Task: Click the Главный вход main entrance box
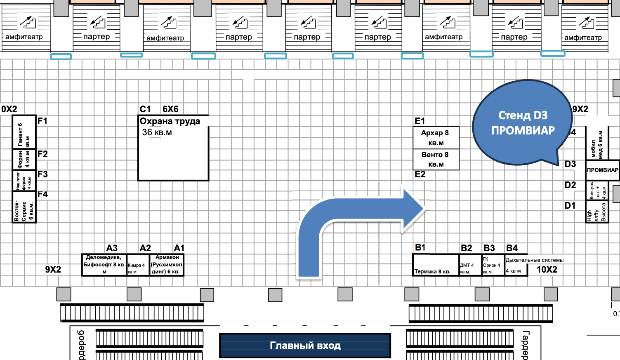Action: tap(305, 346)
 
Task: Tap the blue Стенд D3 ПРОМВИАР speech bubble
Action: tap(523, 122)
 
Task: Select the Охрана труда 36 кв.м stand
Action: tap(173, 148)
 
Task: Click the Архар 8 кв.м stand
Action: tap(436, 138)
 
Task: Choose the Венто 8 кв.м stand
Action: tap(436, 159)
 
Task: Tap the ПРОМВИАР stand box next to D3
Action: tap(602, 170)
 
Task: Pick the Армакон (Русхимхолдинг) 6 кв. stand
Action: tap(167, 265)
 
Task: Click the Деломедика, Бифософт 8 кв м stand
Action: tap(104, 265)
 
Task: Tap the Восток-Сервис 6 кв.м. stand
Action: tap(24, 210)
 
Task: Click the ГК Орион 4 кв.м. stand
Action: tap(493, 266)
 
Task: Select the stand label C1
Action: tap(145, 109)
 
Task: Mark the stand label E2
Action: tap(420, 174)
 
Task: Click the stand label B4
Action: tap(512, 248)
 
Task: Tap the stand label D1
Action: tap(570, 205)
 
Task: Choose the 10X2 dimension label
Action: tap(547, 270)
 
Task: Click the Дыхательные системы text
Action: tap(535, 260)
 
